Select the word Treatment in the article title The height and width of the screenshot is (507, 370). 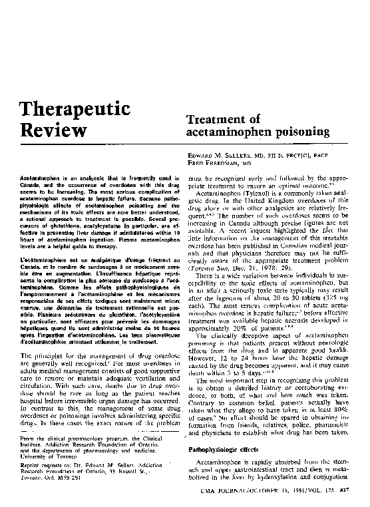[x=222, y=119]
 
